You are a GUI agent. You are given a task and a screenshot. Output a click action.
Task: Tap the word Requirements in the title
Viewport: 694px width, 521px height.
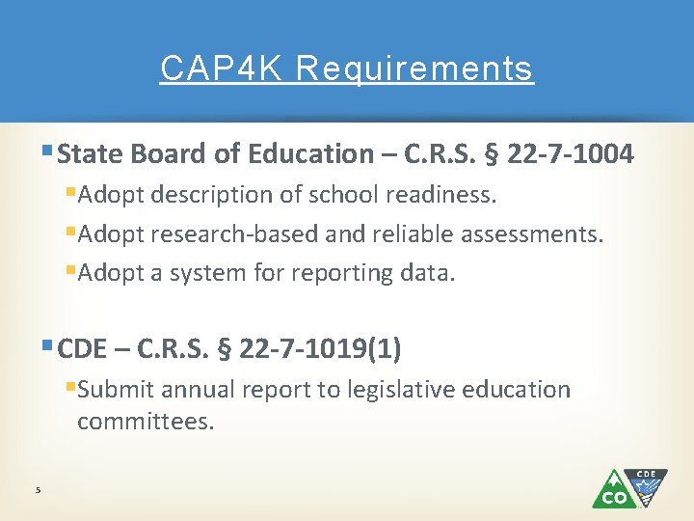point(414,69)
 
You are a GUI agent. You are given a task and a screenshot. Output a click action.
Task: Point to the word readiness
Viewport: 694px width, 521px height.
point(442,195)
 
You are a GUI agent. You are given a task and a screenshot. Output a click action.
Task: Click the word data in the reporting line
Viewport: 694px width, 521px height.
point(426,273)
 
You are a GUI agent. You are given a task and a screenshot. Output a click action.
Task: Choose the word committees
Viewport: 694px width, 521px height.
point(145,422)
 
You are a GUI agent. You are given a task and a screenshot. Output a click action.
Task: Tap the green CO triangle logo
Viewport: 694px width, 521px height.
point(612,490)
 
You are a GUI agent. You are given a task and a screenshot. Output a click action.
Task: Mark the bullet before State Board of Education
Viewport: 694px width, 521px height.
point(49,152)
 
